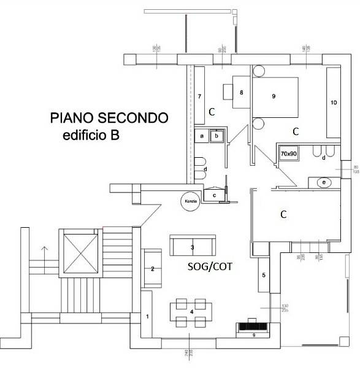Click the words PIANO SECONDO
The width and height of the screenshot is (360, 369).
point(108,118)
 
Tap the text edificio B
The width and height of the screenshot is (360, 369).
point(91,136)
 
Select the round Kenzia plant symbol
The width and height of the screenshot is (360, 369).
point(189,201)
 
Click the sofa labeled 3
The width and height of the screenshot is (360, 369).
point(193,247)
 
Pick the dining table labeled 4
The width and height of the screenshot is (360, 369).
point(191,311)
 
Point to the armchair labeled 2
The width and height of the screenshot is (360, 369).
point(153,268)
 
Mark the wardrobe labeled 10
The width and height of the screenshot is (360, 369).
point(334,103)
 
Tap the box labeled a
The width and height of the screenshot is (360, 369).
point(201,136)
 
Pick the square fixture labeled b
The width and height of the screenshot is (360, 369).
point(216,136)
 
